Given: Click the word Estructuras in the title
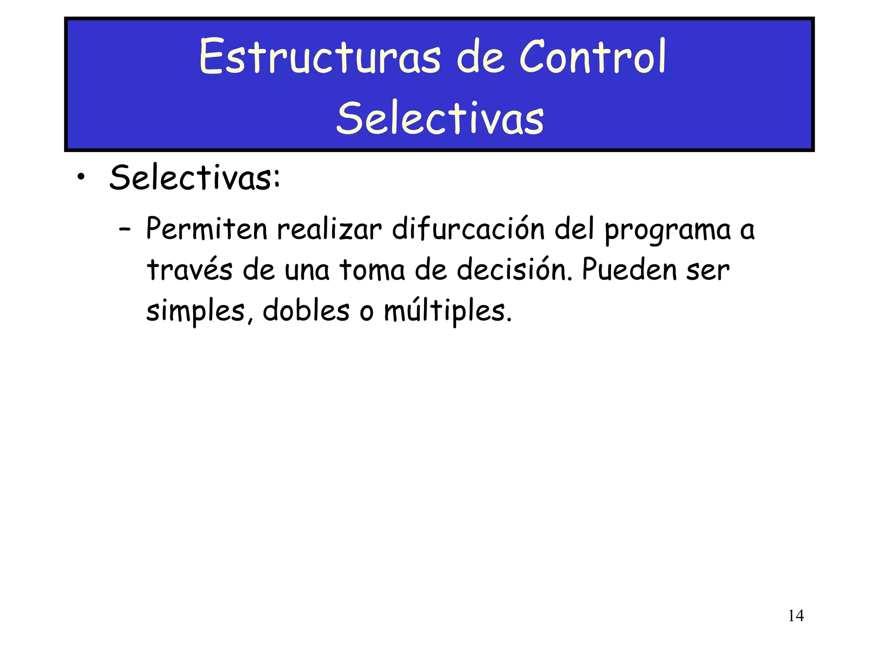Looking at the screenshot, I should (x=320, y=57).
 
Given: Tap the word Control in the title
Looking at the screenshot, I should (x=592, y=57).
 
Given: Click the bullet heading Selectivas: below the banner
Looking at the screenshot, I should (x=195, y=177).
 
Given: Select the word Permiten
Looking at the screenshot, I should (x=207, y=229).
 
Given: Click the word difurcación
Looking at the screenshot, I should (x=468, y=229).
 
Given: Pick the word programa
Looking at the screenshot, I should (x=667, y=231).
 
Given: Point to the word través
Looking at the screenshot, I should (x=190, y=270).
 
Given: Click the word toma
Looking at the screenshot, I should (x=372, y=270).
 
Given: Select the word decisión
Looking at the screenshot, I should (x=514, y=269).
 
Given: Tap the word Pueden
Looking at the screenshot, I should (x=629, y=269).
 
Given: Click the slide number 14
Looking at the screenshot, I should (x=796, y=616).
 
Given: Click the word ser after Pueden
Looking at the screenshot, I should (x=708, y=271).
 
